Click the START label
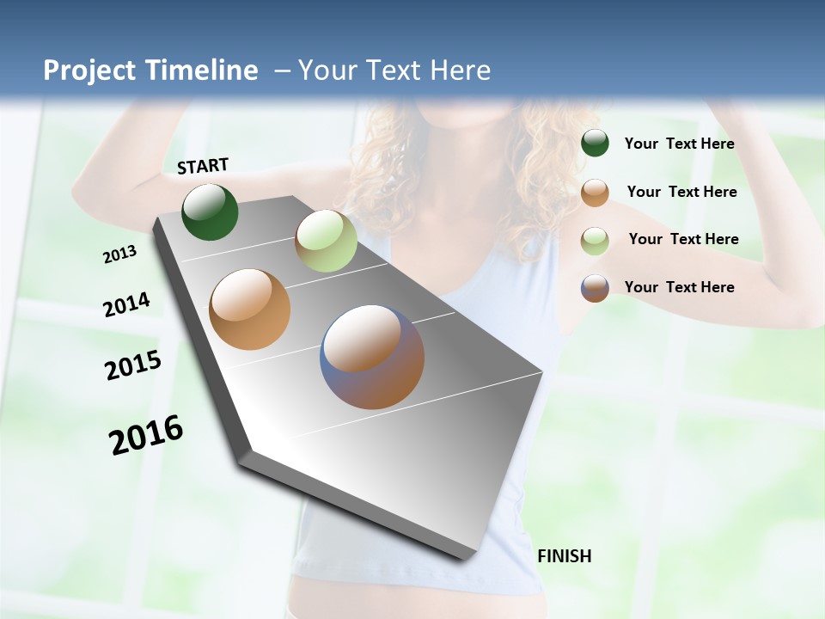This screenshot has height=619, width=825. [203, 165]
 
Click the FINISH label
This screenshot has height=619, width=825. [564, 556]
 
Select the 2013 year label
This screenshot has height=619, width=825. [120, 254]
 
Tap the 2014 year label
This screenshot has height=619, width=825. [126, 305]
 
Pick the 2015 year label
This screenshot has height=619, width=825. [133, 365]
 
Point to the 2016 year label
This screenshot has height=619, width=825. [146, 434]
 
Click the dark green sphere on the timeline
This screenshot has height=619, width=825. [210, 211]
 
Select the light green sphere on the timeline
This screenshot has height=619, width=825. [326, 241]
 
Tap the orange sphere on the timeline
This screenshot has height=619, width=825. [249, 309]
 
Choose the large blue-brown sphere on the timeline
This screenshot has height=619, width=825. [372, 357]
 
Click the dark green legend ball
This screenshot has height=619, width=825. [595, 144]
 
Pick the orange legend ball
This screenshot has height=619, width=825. [595, 193]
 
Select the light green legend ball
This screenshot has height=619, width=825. [595, 240]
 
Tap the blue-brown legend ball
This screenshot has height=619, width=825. [595, 288]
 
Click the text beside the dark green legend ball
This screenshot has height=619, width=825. [679, 144]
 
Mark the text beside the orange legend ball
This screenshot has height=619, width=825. [681, 192]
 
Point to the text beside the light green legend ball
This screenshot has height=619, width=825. [683, 239]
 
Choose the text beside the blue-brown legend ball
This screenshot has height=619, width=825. [679, 287]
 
